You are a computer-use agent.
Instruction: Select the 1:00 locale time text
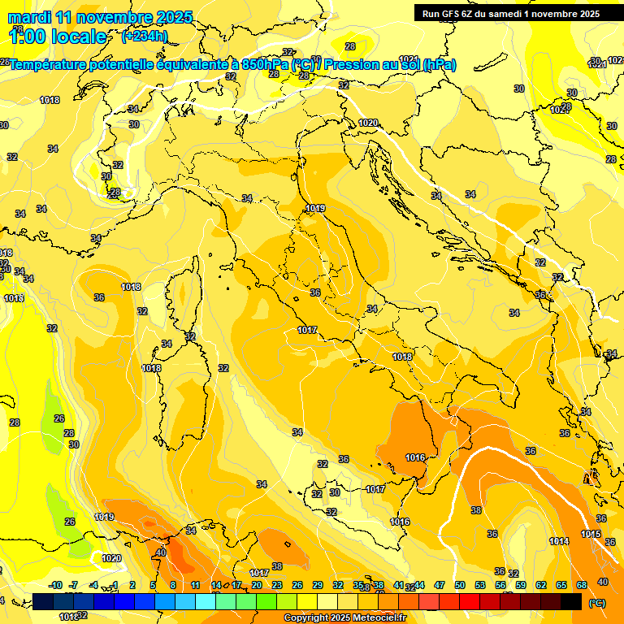(x=58, y=37)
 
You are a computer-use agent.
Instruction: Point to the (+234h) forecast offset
(x=145, y=37)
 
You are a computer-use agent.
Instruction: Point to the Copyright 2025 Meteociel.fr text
(x=344, y=617)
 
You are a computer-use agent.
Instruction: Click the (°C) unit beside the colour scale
(x=596, y=603)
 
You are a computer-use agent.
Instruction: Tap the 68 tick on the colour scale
(x=582, y=585)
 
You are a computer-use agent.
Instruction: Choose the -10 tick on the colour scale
(x=55, y=585)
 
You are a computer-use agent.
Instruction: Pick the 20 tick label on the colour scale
(x=257, y=585)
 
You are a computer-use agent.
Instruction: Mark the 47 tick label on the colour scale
(x=440, y=585)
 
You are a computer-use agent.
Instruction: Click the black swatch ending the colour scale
(x=571, y=601)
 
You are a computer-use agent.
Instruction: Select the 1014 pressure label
(x=558, y=541)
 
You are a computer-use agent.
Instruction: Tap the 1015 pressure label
(x=591, y=534)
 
